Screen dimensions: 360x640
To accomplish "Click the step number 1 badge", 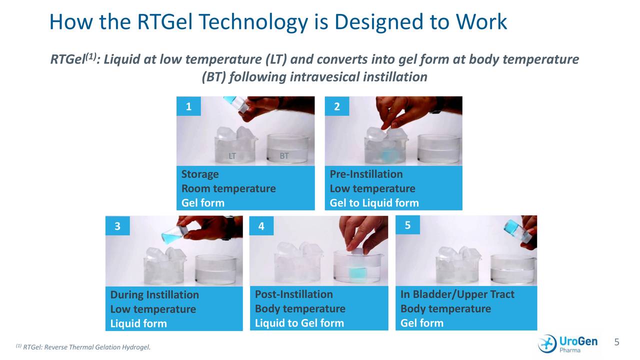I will (188, 106).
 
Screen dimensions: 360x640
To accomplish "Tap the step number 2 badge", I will (336, 106).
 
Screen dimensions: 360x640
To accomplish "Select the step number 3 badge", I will (117, 226).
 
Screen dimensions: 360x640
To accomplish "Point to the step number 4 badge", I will (261, 226).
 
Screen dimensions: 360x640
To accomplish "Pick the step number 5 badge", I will (407, 225).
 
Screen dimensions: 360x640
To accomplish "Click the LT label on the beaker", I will (232, 156).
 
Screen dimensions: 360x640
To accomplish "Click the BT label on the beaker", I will (284, 156).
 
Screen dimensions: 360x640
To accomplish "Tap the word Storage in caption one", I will (200, 174).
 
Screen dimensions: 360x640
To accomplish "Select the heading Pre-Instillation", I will (366, 174).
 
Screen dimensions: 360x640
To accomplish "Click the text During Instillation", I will (154, 294).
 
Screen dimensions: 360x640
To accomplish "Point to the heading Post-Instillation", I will (293, 294).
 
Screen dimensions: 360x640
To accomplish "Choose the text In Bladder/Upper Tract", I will (457, 294).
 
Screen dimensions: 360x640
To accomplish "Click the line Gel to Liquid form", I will (374, 203).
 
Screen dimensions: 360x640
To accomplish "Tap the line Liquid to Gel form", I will (299, 323).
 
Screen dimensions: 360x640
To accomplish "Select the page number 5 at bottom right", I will (616, 342).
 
